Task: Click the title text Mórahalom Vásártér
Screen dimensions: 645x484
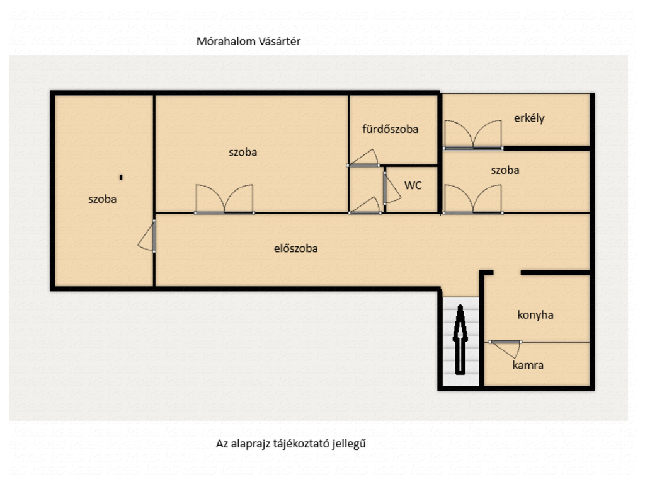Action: pyautogui.click(x=248, y=42)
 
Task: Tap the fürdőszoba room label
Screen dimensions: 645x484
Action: pyautogui.click(x=390, y=129)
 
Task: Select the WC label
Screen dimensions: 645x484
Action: pyautogui.click(x=413, y=186)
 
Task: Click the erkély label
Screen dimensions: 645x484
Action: pyautogui.click(x=529, y=118)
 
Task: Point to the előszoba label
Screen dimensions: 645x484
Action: pyautogui.click(x=296, y=248)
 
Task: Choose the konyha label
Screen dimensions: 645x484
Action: pyautogui.click(x=535, y=315)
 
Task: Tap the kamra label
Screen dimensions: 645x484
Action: pyautogui.click(x=528, y=365)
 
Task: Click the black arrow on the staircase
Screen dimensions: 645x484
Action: pyautogui.click(x=460, y=340)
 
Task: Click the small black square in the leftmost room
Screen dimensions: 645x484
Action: pyautogui.click(x=121, y=177)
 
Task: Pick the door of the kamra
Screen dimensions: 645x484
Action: pyautogui.click(x=505, y=349)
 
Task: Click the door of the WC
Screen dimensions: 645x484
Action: pyautogui.click(x=391, y=189)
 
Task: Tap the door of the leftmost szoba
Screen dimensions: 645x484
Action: pyautogui.click(x=147, y=236)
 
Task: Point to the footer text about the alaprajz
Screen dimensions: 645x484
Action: pyautogui.click(x=291, y=444)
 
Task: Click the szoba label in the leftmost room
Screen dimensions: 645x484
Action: pyautogui.click(x=103, y=199)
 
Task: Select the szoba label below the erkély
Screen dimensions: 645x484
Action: pyautogui.click(x=505, y=170)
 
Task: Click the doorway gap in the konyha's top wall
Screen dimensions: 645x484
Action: pyautogui.click(x=507, y=273)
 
